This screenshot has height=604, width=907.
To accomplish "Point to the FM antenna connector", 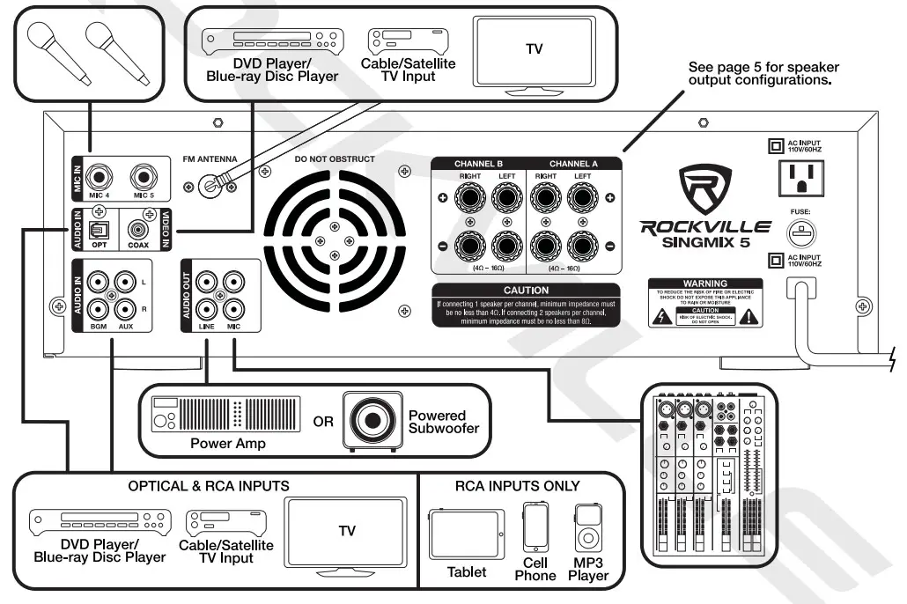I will [210, 184].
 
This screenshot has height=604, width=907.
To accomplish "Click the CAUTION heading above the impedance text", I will [526, 290].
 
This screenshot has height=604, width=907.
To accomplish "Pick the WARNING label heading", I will [705, 284].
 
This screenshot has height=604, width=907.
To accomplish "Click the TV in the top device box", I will [534, 50].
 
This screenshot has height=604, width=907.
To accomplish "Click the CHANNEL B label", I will [478, 164].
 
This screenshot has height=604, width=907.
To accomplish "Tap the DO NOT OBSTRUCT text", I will [334, 159].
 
